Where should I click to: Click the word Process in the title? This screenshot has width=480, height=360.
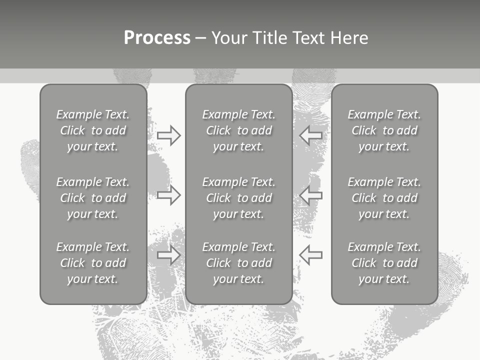point(157,38)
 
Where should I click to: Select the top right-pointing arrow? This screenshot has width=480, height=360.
point(169,135)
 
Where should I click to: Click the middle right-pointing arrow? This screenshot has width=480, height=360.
point(169,195)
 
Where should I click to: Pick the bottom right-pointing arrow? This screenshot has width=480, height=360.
point(169,255)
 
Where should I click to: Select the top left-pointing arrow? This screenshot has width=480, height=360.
point(310,135)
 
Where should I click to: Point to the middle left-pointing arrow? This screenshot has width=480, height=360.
point(310,195)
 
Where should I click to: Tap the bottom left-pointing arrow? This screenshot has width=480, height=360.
point(310,255)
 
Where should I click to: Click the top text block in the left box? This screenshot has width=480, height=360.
point(93,130)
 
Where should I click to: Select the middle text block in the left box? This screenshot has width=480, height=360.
point(93,198)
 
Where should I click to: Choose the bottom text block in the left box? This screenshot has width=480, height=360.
point(93,263)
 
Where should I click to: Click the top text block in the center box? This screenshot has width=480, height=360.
point(239,130)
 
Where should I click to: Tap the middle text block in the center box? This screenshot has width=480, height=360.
point(239,198)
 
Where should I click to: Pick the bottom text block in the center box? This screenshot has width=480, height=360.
point(239,263)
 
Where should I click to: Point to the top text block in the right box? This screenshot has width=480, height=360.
point(384,130)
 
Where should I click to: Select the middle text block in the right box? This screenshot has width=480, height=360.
point(384,198)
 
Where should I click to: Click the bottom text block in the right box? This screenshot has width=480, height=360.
point(384,263)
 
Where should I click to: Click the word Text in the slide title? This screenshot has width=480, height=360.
point(307,38)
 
